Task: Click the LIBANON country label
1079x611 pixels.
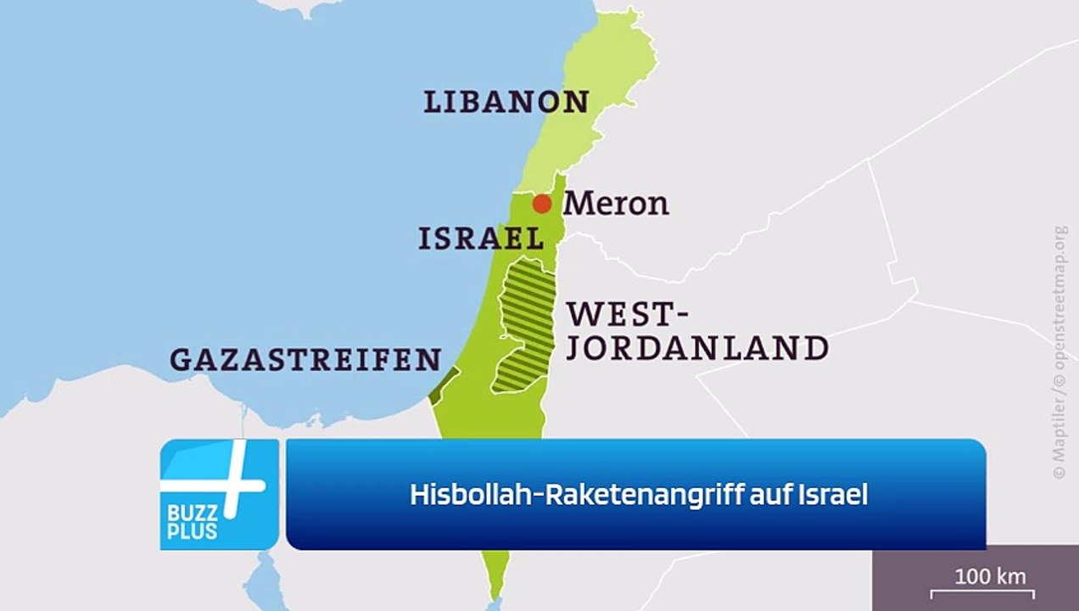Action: tap(506, 103)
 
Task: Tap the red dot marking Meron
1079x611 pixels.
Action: tap(542, 204)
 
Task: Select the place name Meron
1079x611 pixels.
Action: tap(616, 204)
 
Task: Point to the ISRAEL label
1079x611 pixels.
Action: tap(481, 239)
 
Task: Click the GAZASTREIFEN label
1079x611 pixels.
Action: tap(305, 360)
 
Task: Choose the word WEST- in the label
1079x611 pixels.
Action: tap(627, 315)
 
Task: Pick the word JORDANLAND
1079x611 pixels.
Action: tap(697, 348)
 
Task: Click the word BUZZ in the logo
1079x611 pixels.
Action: tap(193, 514)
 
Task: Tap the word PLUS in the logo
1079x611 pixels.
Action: tap(193, 532)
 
